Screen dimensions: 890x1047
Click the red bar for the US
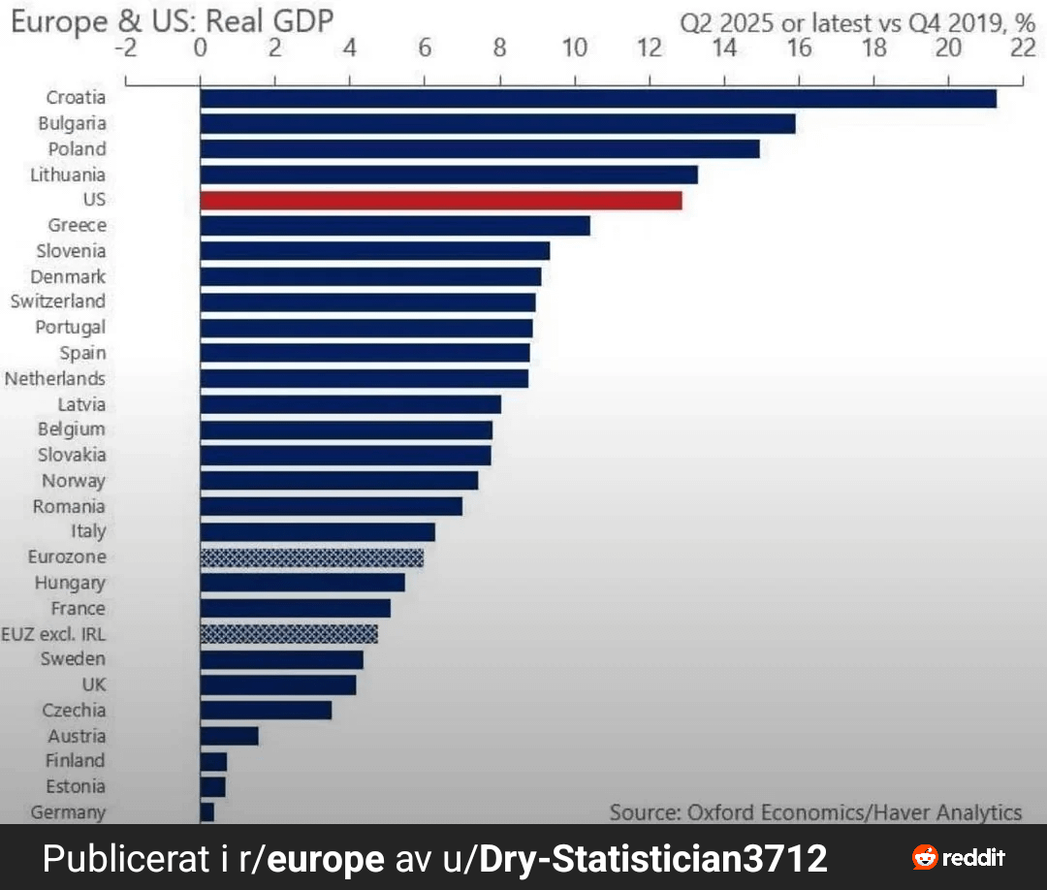tap(441, 201)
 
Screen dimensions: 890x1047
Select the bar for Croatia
tap(598, 98)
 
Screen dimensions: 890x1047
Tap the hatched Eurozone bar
tap(312, 557)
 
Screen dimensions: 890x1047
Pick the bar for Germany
tap(207, 812)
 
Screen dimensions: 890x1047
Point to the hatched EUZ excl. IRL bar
tap(289, 634)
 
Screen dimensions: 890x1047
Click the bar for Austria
tap(230, 736)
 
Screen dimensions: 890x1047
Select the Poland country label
tap(78, 149)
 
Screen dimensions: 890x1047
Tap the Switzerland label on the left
tap(58, 302)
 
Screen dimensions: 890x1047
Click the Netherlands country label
tap(55, 378)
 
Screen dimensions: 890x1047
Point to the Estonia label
tap(76, 786)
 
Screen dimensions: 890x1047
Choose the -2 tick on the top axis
tap(125, 48)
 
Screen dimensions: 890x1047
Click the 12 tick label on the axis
tap(649, 48)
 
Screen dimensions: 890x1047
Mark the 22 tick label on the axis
tap(1023, 48)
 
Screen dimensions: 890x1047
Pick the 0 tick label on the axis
tap(200, 48)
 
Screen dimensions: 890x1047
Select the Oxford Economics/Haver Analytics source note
tap(815, 811)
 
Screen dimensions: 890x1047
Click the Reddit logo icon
tap(925, 857)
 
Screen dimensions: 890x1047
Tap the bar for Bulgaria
tap(497, 124)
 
